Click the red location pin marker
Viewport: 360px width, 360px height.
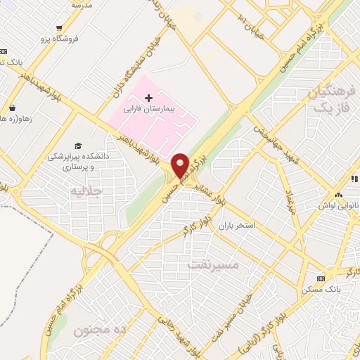pos(180,165)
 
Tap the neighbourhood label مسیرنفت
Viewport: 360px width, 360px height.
pos(214,266)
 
